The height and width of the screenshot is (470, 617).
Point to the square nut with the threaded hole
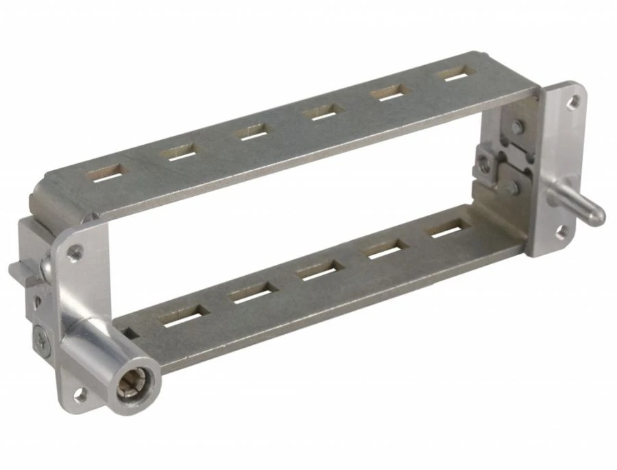point(485,163)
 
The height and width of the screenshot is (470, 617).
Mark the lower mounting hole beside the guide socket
point(81,393)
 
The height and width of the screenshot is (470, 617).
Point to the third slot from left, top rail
point(253,131)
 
